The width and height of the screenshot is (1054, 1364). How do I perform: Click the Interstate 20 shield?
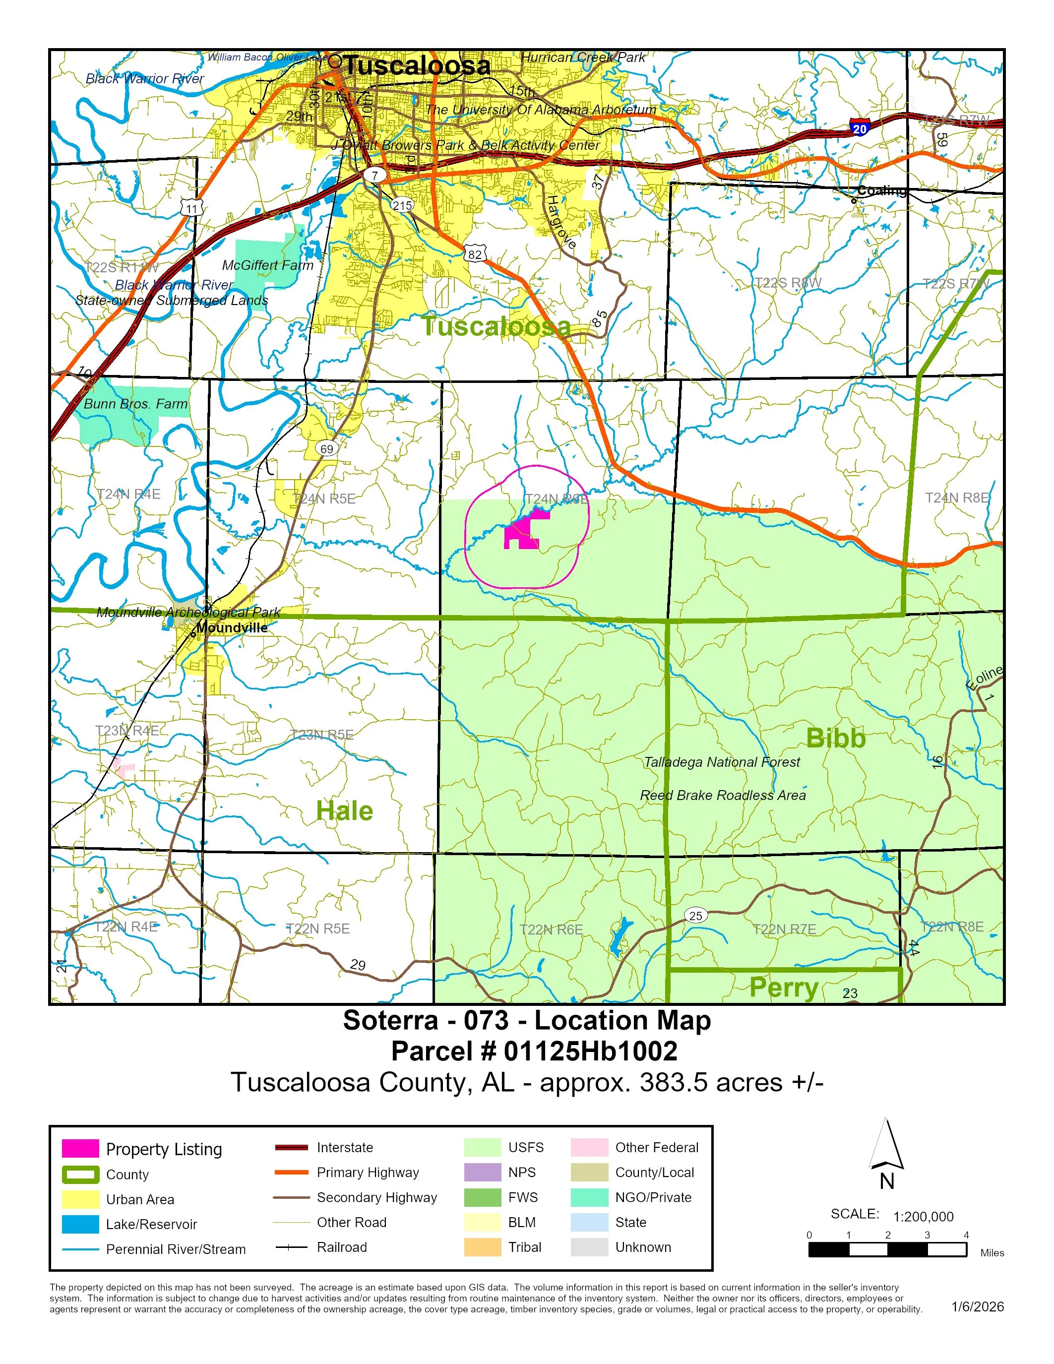click(860, 128)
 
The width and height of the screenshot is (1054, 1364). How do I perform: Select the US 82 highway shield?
click(475, 254)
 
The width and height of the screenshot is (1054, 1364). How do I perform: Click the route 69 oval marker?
click(326, 448)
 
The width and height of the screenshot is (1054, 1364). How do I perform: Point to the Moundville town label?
click(232, 627)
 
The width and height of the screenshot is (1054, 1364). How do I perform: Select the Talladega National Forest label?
click(721, 762)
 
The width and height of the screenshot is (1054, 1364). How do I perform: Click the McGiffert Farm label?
click(268, 265)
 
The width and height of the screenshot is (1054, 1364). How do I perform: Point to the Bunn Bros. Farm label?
click(135, 404)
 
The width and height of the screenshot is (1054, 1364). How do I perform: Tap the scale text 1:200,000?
click(923, 1217)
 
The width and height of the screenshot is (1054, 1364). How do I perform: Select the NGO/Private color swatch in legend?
click(589, 1197)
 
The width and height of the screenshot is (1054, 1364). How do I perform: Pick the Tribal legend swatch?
click(482, 1247)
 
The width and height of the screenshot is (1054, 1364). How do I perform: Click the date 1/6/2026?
click(977, 1306)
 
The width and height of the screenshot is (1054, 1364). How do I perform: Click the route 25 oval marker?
click(695, 916)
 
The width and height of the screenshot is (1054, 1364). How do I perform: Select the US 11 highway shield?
click(191, 209)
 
